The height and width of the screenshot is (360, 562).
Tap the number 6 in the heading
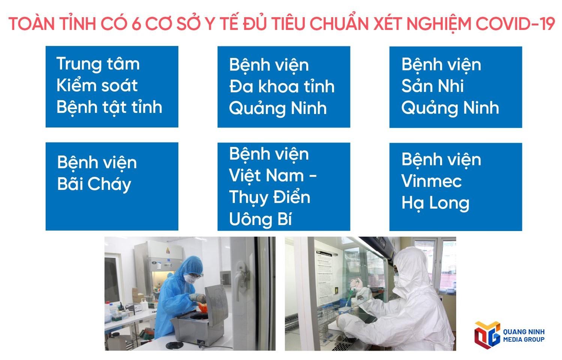click(x=136, y=24)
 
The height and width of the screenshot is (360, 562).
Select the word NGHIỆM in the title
click(x=439, y=25)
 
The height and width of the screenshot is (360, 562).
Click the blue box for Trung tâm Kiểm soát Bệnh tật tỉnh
click(x=112, y=87)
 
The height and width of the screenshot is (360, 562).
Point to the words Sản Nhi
click(x=432, y=86)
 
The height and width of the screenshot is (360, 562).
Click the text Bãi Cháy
click(x=94, y=184)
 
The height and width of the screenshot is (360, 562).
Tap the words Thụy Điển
click(x=269, y=197)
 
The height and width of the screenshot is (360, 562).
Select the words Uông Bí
click(x=260, y=219)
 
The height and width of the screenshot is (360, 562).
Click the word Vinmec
click(x=431, y=181)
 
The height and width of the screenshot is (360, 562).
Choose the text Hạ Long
click(x=435, y=203)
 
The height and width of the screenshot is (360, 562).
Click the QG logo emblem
click(x=487, y=335)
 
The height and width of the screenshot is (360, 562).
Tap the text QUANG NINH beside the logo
click(x=524, y=332)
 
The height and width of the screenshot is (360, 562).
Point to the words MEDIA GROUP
click(x=524, y=339)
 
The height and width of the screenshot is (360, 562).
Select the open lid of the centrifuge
click(x=216, y=305)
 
